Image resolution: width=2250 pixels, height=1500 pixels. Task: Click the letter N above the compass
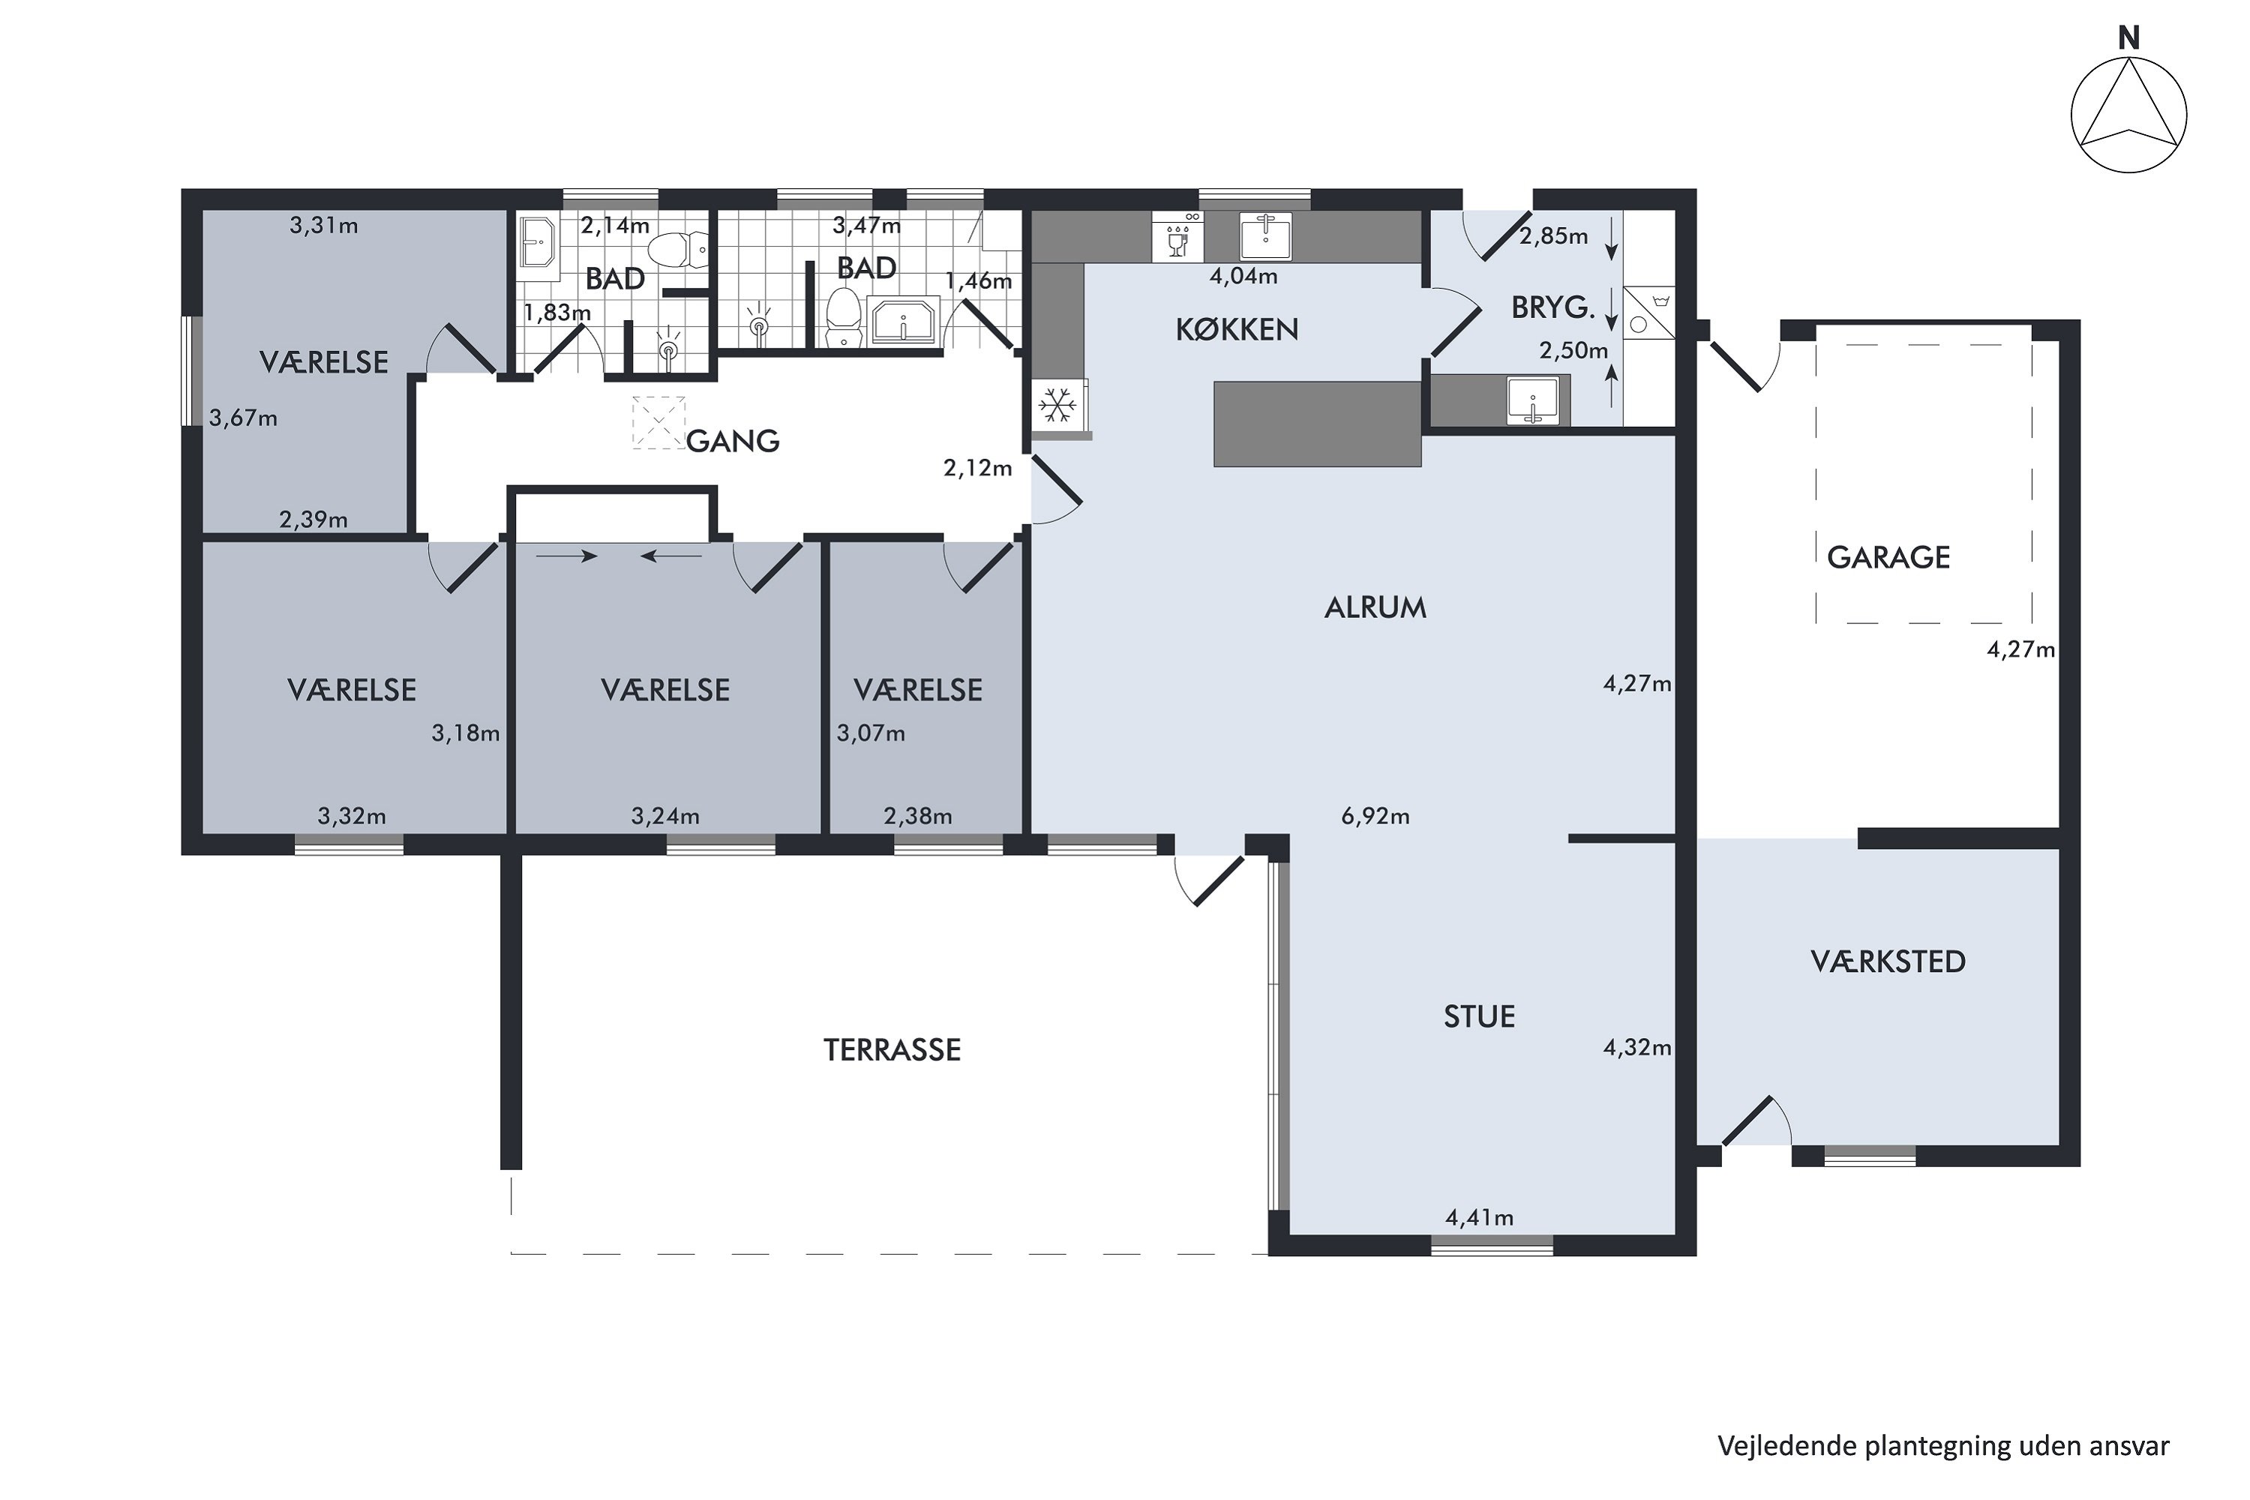pyautogui.click(x=2128, y=38)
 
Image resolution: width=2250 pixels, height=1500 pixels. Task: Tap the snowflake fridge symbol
pyautogui.click(x=1057, y=405)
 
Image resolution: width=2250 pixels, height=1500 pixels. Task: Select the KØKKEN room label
pyautogui.click(x=1237, y=330)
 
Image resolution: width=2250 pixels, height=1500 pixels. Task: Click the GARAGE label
pyautogui.click(x=1888, y=556)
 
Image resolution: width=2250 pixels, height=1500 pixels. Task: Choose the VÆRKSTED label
pyautogui.click(x=1888, y=961)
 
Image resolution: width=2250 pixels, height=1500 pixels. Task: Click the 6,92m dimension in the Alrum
pyautogui.click(x=1375, y=816)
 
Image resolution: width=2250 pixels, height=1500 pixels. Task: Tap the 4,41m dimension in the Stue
pyautogui.click(x=1479, y=1218)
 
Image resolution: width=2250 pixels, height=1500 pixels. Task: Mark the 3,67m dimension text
pyautogui.click(x=243, y=418)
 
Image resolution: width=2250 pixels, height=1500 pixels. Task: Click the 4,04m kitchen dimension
pyautogui.click(x=1243, y=277)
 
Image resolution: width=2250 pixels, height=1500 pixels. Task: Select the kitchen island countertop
pyautogui.click(x=1317, y=424)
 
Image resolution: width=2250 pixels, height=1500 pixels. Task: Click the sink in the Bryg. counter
pyautogui.click(x=1534, y=400)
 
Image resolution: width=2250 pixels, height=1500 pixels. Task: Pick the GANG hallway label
pyautogui.click(x=733, y=441)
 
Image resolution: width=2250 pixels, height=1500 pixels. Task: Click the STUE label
pyautogui.click(x=1479, y=1016)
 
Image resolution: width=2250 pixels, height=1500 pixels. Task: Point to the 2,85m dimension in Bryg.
pyautogui.click(x=1553, y=235)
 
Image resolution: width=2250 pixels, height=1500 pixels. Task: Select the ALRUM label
pyautogui.click(x=1375, y=607)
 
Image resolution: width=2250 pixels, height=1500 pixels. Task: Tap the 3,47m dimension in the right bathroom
pyautogui.click(x=867, y=226)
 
